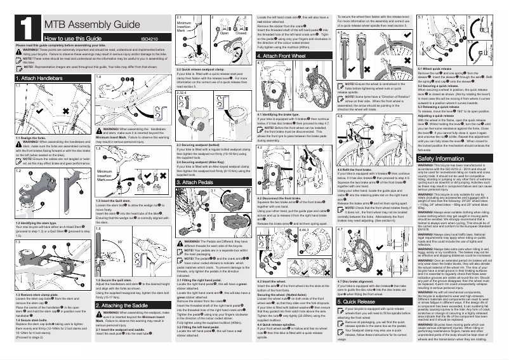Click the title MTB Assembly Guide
(x=88, y=25)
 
